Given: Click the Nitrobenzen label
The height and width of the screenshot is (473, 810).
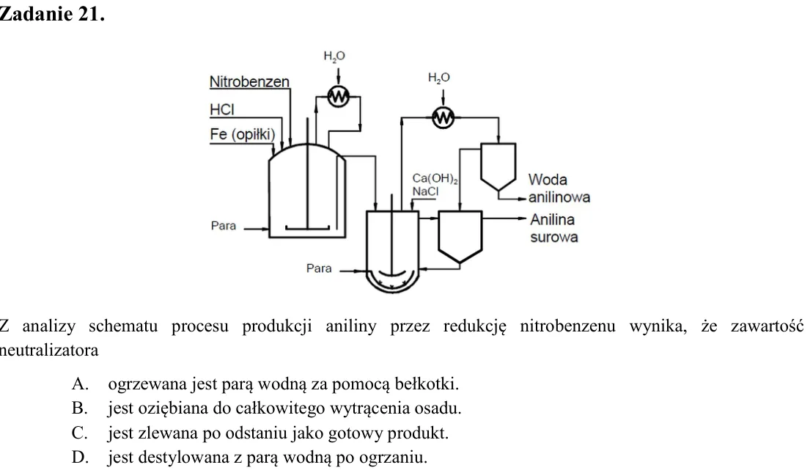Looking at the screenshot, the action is click(249, 81).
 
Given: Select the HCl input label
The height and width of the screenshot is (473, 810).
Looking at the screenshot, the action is click(221, 109).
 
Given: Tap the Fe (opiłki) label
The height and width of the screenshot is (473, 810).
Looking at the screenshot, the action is click(243, 134).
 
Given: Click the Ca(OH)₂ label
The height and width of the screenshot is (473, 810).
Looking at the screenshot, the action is click(435, 179).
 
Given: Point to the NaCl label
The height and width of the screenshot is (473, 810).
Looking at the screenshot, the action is click(425, 192).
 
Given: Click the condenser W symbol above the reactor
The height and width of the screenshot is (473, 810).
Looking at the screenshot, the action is click(339, 96).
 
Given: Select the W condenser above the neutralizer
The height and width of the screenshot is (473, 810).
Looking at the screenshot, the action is click(443, 118).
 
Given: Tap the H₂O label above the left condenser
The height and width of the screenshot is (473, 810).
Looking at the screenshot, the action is click(334, 56).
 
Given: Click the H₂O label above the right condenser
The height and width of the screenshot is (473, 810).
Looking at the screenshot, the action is click(438, 78).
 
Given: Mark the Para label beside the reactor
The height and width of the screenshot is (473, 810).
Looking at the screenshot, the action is click(223, 226).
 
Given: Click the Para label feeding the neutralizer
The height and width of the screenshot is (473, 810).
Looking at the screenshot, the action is click(319, 268).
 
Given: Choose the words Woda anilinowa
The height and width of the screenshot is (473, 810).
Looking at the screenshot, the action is click(559, 188).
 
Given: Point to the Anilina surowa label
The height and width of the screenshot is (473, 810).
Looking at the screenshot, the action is click(553, 229).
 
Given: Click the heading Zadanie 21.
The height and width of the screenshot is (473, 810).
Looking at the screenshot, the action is click(51, 14).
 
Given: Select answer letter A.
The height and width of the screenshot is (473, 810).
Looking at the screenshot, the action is click(80, 384).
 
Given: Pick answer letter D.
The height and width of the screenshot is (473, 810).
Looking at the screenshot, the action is click(80, 458).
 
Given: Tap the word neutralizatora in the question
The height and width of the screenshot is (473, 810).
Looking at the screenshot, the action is click(49, 351).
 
